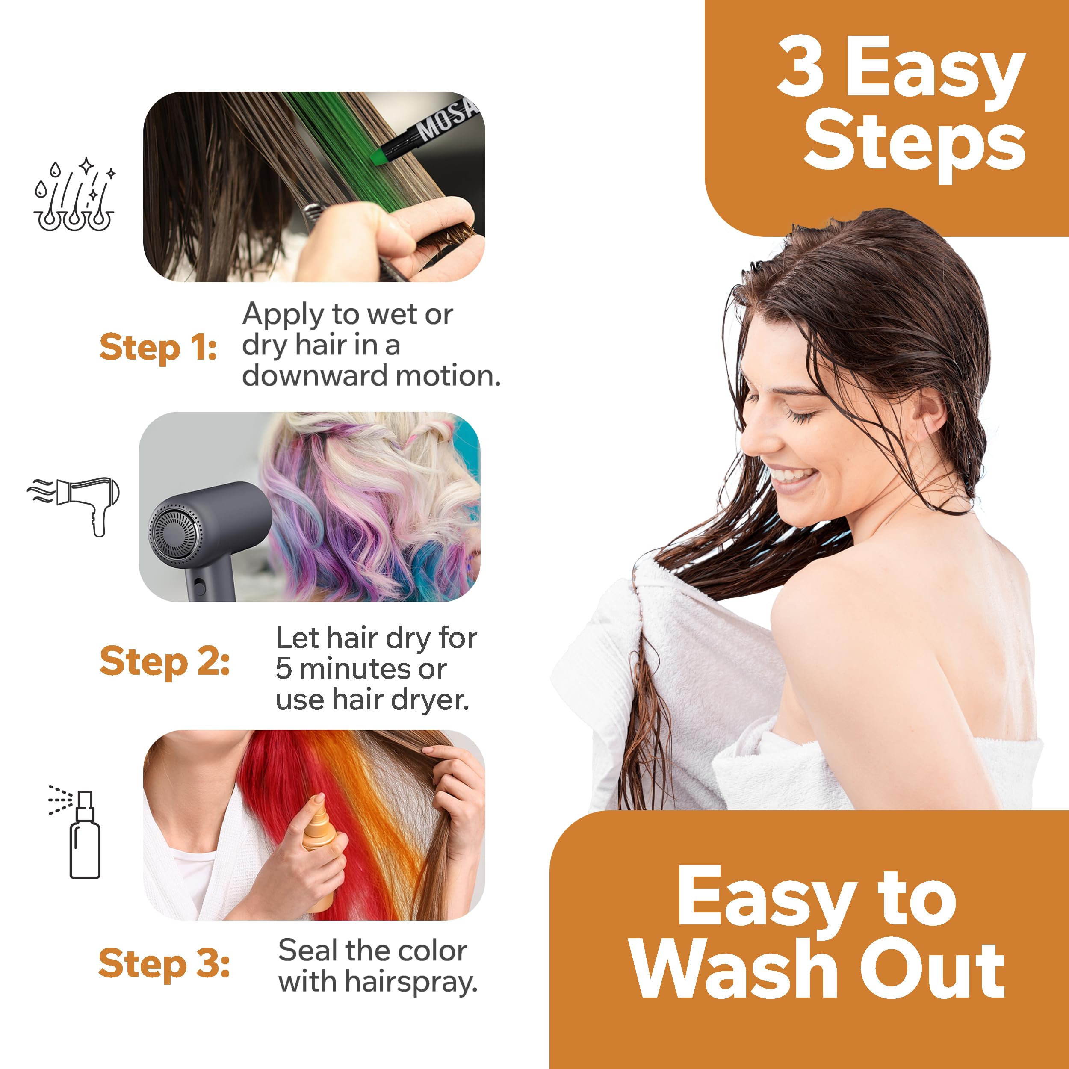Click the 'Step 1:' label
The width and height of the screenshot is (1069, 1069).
[x=158, y=348]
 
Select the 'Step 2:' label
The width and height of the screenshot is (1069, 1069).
[x=164, y=662]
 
